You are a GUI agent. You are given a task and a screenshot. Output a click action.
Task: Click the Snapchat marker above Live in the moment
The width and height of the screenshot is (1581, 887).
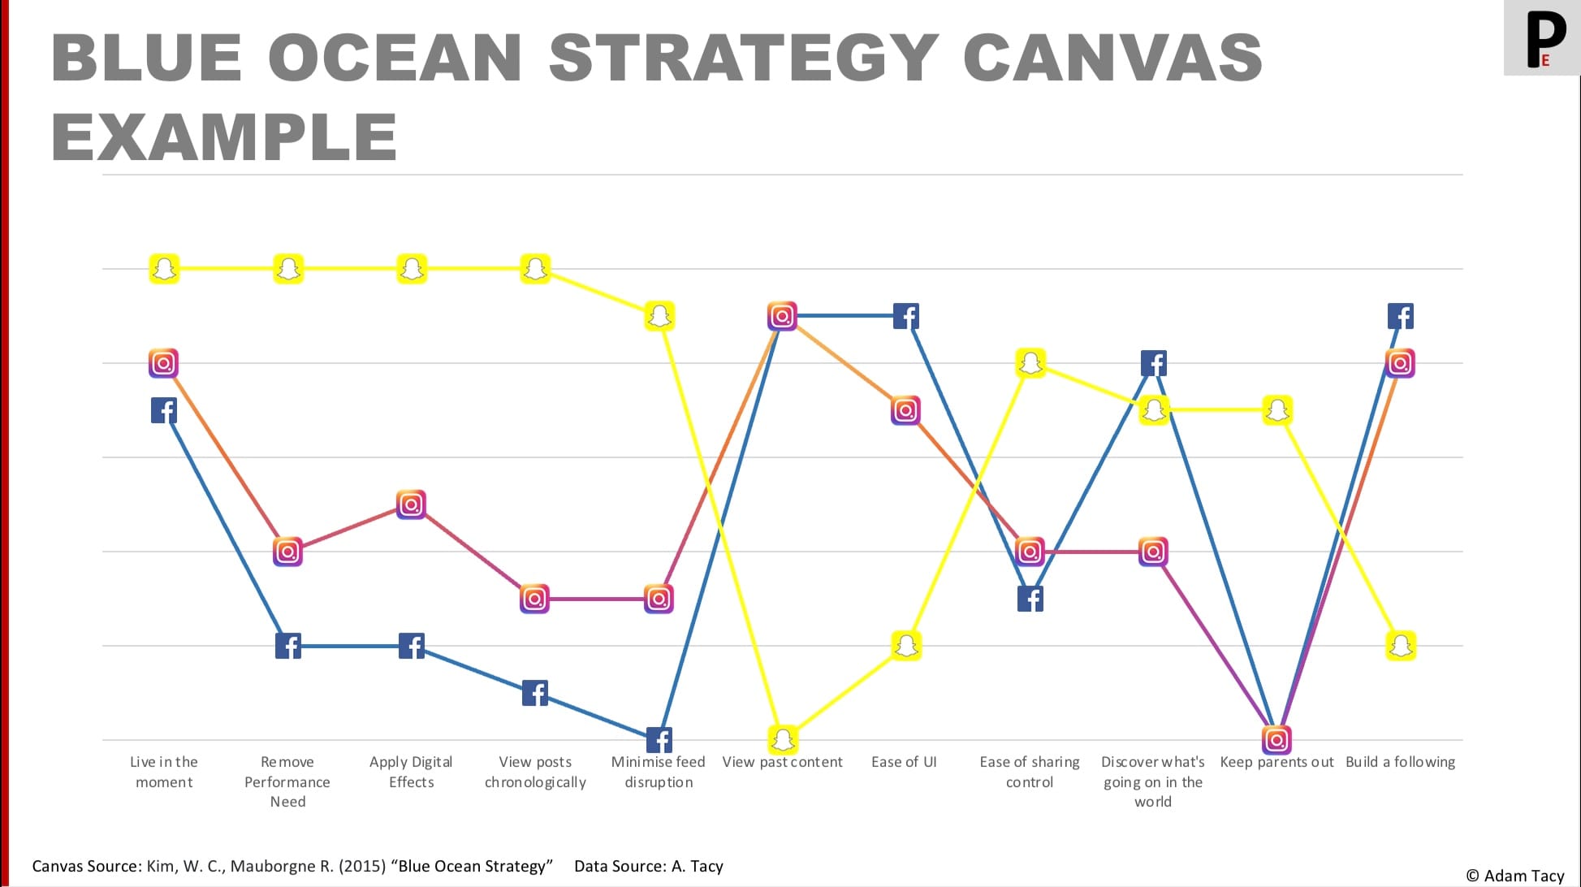point(164,269)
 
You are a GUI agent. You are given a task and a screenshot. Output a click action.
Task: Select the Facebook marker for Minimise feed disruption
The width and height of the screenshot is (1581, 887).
point(659,740)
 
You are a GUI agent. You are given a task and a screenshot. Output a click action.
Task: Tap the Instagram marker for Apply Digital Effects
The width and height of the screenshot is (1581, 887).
point(411,504)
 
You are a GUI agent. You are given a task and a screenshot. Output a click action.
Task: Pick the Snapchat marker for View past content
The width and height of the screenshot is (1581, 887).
point(783,739)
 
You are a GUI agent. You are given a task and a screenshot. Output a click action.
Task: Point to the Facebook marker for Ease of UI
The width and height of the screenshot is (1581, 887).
point(905,316)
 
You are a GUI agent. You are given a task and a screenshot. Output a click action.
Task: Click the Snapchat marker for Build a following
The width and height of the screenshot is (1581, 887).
point(1401,646)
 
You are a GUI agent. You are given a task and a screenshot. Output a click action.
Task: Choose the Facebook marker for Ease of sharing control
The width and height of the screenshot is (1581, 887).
point(1030,599)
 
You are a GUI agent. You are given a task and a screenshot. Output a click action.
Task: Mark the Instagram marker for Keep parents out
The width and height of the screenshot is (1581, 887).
point(1276,739)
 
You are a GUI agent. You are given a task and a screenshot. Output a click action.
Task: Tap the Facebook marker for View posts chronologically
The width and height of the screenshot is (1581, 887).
point(534,693)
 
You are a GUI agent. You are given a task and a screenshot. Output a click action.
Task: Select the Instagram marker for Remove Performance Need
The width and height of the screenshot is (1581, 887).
point(287,552)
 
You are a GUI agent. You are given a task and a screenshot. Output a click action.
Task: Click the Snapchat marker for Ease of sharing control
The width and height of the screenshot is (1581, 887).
point(1030,362)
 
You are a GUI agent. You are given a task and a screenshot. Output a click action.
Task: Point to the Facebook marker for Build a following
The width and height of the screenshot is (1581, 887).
point(1401,316)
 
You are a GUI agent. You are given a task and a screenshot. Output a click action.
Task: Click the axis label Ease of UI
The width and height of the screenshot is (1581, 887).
point(904,762)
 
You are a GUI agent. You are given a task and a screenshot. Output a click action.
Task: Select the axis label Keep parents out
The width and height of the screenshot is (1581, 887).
point(1276,762)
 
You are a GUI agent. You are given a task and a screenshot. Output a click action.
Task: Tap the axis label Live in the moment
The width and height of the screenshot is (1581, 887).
point(164,772)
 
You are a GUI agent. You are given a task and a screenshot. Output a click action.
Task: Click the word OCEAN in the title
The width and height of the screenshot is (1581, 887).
point(395,58)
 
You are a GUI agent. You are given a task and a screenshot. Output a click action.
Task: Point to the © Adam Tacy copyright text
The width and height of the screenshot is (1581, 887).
point(1514,876)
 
